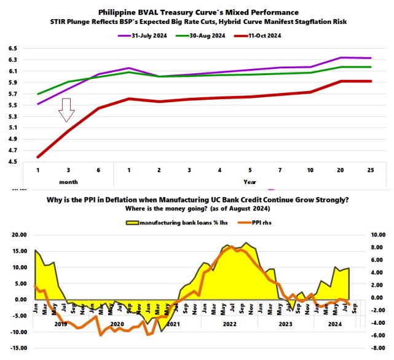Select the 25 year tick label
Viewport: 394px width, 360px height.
(369, 170)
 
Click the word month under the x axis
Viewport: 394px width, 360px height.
(68, 182)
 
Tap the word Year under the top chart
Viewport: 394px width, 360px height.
(250, 182)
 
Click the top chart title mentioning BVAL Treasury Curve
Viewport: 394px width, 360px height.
(199, 12)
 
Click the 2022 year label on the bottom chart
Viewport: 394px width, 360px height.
(230, 324)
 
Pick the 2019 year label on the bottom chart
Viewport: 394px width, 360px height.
(60, 324)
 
